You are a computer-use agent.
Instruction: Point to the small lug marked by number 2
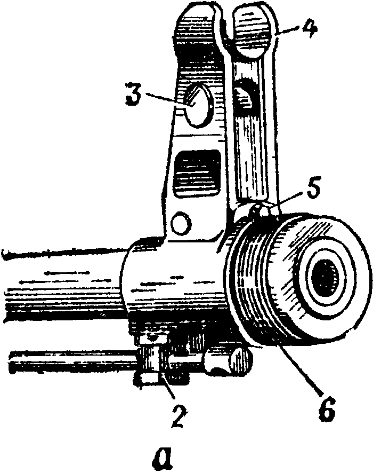(x=150, y=368)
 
